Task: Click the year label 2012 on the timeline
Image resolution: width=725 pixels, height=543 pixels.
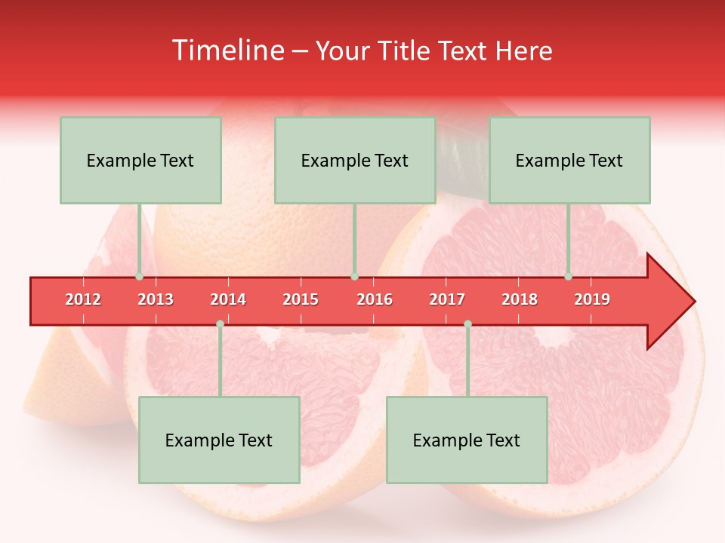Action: (x=83, y=299)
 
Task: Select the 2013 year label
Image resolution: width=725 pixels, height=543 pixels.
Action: (x=156, y=299)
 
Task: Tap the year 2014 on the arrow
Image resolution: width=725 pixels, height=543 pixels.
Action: (x=228, y=299)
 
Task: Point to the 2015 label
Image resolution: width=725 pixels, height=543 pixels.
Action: (x=301, y=299)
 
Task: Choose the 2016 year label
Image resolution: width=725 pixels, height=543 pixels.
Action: (x=375, y=299)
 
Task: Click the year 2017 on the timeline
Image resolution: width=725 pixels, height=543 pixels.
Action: (x=447, y=299)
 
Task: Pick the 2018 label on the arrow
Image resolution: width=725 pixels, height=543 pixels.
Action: (x=520, y=299)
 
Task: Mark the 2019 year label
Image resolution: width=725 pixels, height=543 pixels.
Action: (x=592, y=299)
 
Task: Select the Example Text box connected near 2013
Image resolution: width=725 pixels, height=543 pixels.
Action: (x=140, y=160)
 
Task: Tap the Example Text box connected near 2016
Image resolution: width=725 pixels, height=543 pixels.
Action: (x=355, y=160)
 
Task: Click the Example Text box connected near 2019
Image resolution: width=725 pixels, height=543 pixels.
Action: (x=569, y=160)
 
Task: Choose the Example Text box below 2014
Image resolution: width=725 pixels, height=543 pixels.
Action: (x=219, y=440)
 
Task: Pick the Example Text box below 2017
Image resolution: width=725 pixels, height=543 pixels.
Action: (x=467, y=440)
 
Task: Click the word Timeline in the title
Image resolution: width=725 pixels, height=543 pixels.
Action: (x=227, y=51)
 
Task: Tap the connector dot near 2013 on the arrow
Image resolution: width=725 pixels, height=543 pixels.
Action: (x=140, y=277)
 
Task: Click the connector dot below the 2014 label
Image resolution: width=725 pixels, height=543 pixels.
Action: (x=220, y=324)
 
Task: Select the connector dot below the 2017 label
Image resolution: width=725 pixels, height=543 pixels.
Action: (x=467, y=324)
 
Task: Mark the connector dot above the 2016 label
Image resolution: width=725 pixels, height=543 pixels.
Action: (x=354, y=277)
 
